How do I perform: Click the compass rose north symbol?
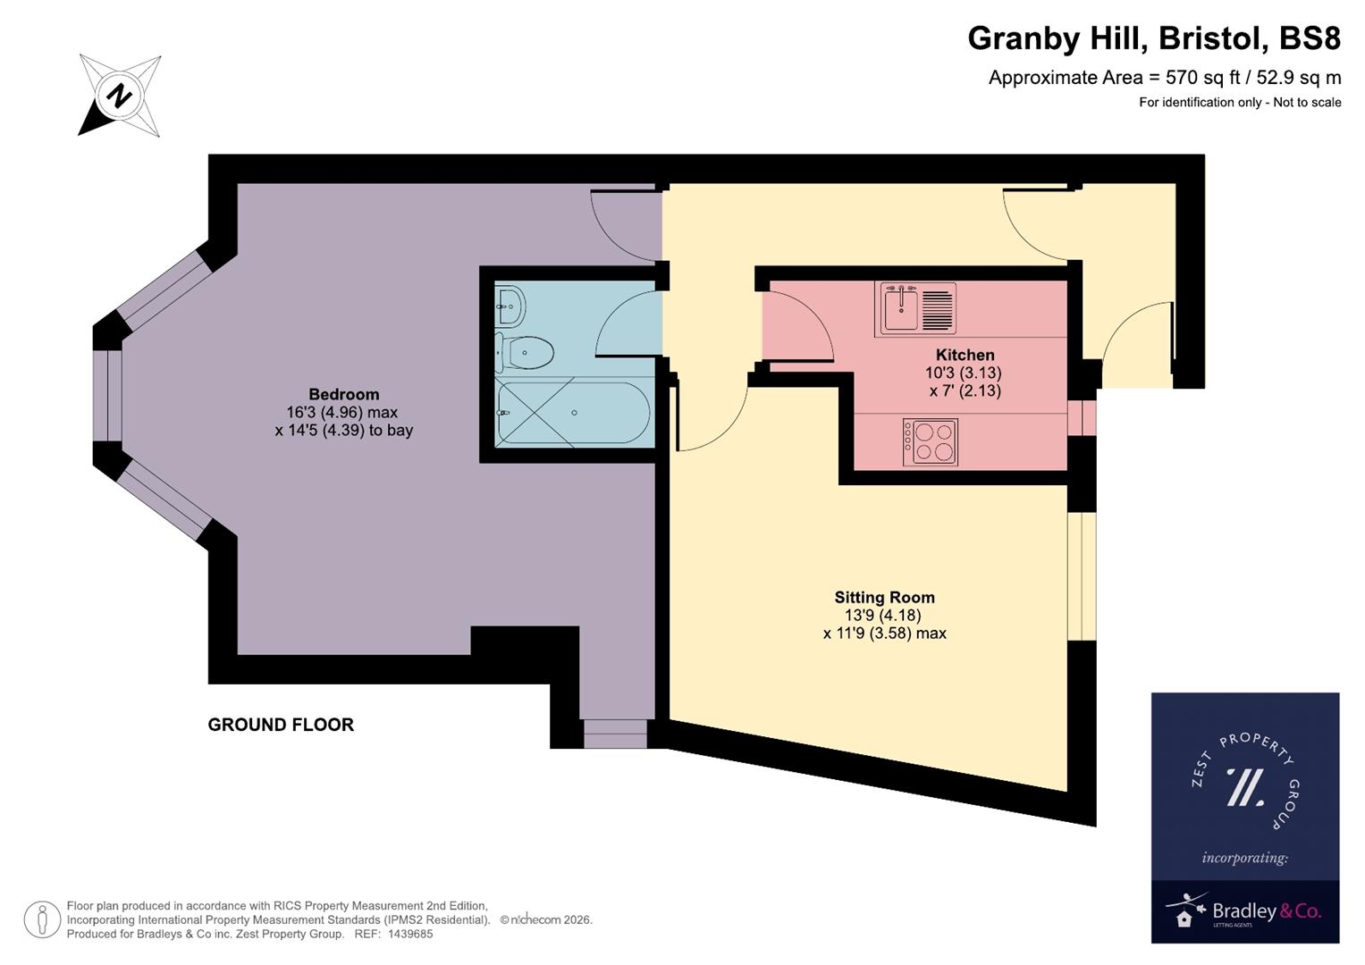120,95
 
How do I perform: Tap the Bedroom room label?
343,394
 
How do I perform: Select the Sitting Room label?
884,597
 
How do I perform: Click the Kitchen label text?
965,355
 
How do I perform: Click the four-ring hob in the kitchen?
931,442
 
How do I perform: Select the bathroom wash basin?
510,306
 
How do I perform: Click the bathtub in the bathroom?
572,414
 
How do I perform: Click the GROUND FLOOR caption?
281,725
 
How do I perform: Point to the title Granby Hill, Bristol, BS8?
1154,38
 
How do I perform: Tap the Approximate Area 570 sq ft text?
1164,78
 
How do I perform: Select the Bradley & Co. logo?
1244,912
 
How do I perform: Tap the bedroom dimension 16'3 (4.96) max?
341,412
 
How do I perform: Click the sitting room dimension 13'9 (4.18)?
883,615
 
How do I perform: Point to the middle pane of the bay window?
108,395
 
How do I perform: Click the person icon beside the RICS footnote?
43,919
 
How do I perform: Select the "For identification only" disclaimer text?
1239,102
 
